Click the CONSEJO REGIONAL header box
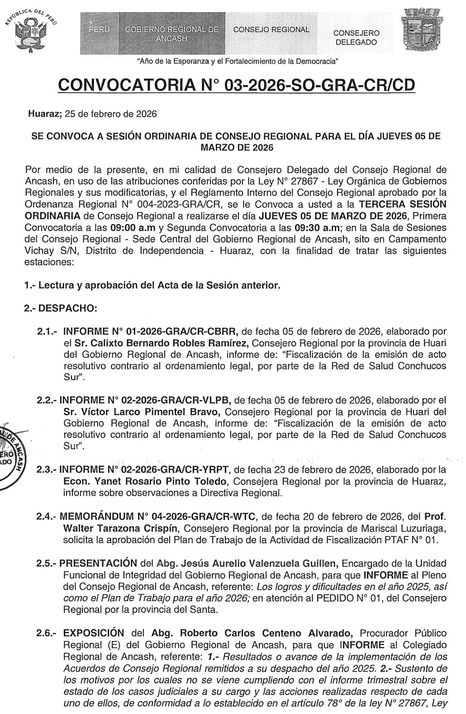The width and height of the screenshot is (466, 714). point(271,30)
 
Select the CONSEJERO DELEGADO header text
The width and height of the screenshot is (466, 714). point(356,38)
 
